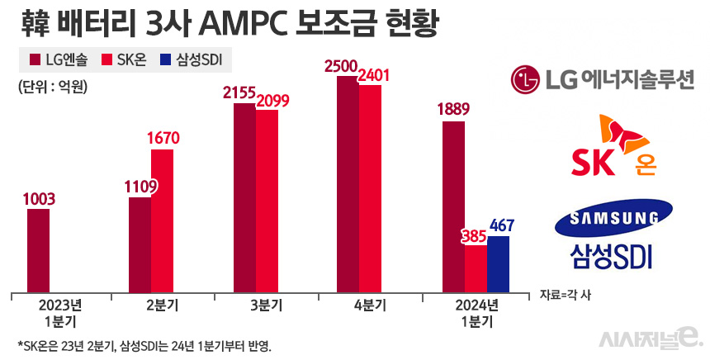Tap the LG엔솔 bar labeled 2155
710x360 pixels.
point(244,197)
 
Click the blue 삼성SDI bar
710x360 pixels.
point(498,263)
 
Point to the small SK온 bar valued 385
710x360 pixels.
point(476,268)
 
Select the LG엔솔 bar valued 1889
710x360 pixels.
point(453,206)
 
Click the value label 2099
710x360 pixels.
point(273,101)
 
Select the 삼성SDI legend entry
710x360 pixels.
point(197,59)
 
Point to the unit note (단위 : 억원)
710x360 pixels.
point(52,86)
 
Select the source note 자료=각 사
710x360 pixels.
point(566,295)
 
